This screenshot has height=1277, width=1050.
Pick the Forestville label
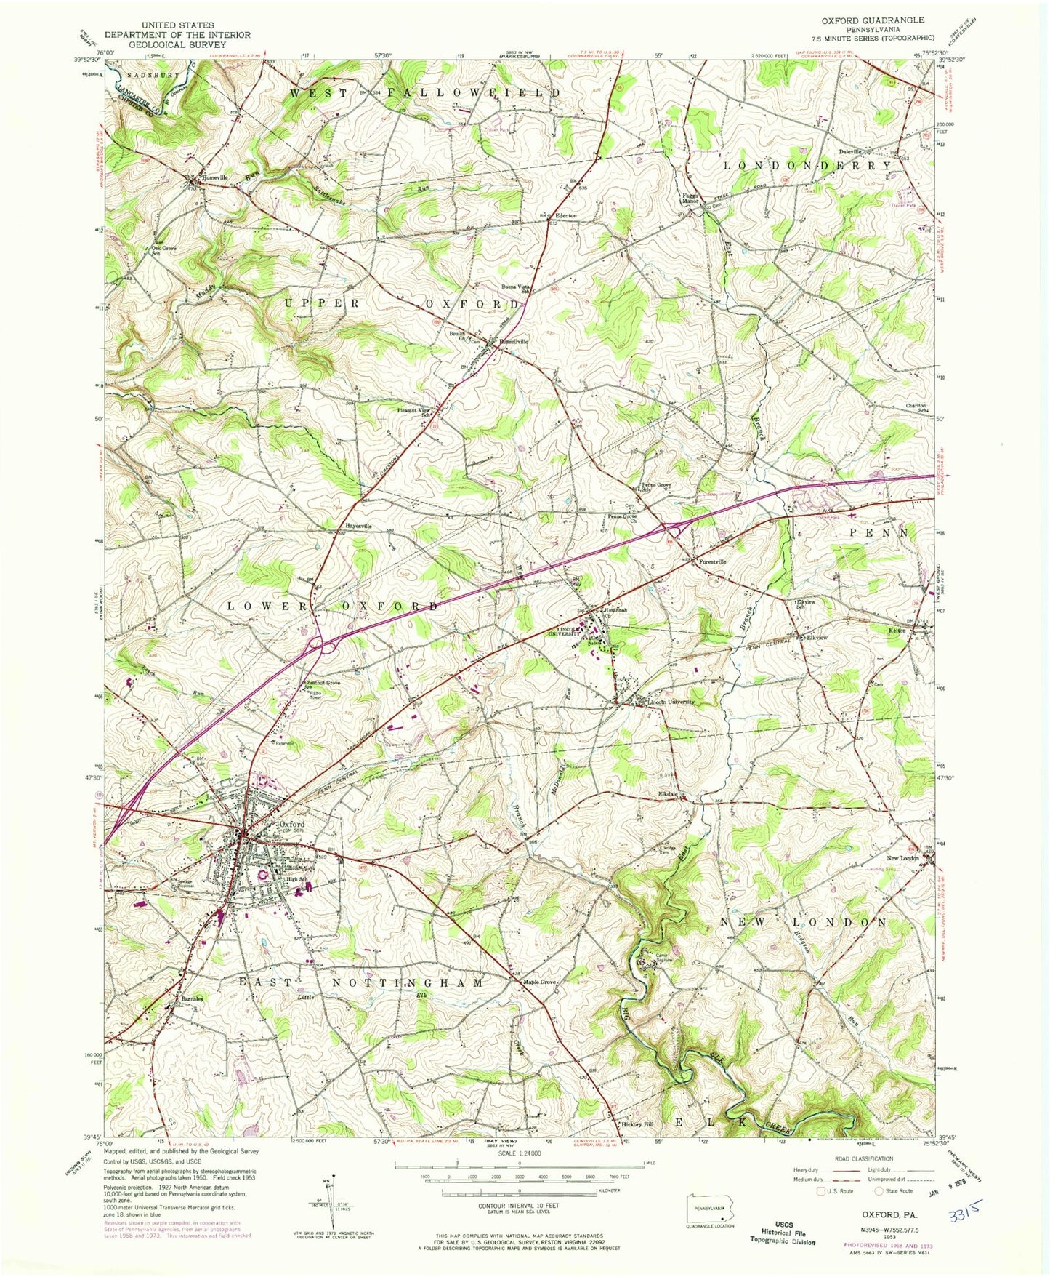coord(712,562)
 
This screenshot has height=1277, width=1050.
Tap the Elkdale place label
coord(667,794)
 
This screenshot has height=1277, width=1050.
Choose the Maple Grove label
coord(540,983)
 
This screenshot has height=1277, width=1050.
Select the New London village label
coord(902,858)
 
